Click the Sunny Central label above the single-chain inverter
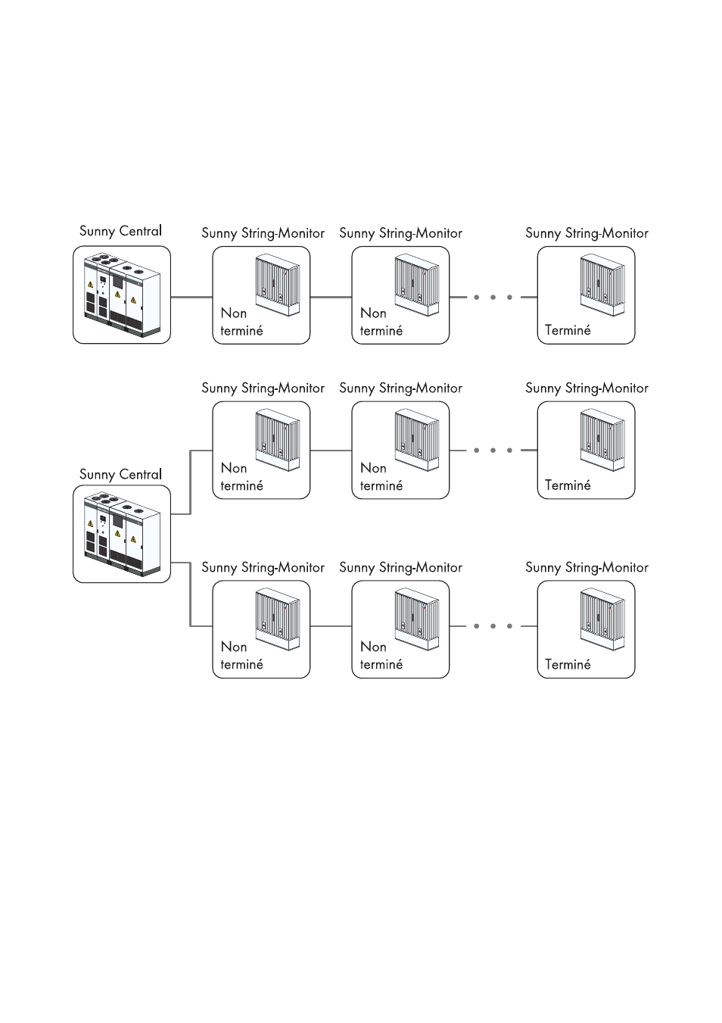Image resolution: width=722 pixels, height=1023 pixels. [120, 231]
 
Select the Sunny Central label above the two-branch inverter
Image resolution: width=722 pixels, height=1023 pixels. [120, 475]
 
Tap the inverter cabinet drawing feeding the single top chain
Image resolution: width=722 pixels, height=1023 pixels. [122, 295]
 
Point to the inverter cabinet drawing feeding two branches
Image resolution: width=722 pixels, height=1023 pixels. [122, 535]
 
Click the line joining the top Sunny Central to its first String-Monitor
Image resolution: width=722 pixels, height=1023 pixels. [191, 297]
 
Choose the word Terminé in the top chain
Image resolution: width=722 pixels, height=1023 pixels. [568, 330]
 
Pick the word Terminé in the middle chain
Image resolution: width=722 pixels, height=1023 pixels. [568, 485]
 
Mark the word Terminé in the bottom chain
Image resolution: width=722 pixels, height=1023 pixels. [568, 664]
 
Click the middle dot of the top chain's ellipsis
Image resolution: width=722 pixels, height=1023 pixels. [493, 297]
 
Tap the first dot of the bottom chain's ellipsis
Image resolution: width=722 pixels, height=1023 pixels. [476, 626]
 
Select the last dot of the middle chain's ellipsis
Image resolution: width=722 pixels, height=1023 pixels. [509, 451]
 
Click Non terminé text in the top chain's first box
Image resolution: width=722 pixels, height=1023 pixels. [241, 322]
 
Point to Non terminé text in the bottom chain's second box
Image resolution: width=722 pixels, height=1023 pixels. [381, 656]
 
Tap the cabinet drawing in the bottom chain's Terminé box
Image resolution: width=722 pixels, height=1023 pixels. [602, 620]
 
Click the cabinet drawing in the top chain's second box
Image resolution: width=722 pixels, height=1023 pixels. [416, 285]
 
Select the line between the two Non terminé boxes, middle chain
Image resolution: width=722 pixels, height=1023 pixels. [331, 451]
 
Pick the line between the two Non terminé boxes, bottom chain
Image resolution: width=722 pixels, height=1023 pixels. [331, 626]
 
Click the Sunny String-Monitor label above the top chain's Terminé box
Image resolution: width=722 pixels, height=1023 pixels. [587, 233]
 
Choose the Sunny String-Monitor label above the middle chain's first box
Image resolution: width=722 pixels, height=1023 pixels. [263, 388]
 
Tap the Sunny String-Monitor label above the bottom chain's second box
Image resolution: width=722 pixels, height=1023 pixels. [400, 568]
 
